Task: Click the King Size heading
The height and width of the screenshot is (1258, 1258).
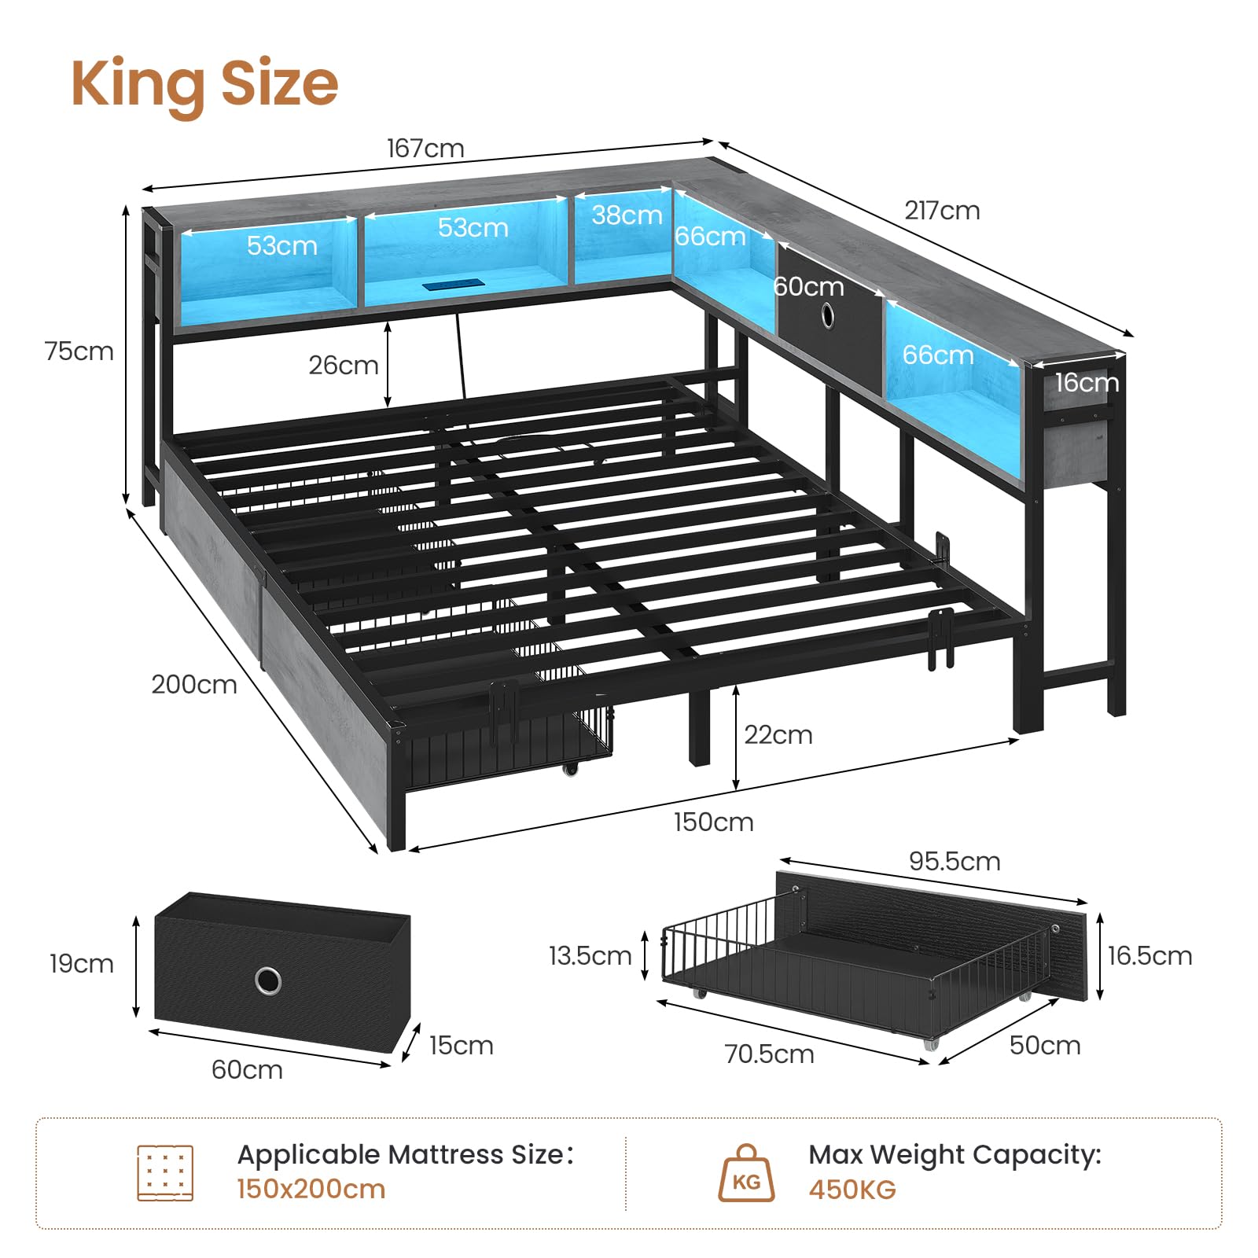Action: (x=204, y=84)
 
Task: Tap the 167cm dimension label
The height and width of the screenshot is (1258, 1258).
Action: (x=425, y=148)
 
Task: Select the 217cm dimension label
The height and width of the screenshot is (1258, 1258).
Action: (x=942, y=210)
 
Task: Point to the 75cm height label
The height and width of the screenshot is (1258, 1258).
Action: (x=79, y=351)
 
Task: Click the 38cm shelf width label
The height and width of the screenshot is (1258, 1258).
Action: (x=627, y=215)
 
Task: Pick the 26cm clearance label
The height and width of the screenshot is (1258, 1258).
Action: (x=344, y=365)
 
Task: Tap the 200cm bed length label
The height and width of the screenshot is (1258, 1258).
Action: (x=194, y=684)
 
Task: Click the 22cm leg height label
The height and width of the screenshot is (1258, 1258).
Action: (x=778, y=734)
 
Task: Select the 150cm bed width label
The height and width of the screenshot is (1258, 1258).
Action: (x=713, y=822)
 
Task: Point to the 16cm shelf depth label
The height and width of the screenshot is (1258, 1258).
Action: (x=1087, y=382)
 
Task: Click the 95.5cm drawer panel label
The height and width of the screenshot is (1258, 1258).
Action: (x=955, y=861)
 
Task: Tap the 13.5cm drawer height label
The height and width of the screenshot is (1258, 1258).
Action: (x=590, y=955)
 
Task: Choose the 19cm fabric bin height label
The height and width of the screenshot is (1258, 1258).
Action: (x=81, y=963)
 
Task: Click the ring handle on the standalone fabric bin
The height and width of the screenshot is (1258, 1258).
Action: (x=268, y=980)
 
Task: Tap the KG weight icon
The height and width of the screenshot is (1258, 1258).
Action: (x=746, y=1173)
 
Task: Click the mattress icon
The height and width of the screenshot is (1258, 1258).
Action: (x=165, y=1173)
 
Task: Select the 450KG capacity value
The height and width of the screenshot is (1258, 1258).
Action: (x=852, y=1190)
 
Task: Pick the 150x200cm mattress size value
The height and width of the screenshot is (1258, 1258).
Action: (x=311, y=1189)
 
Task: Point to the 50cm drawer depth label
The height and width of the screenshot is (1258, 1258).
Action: (x=1045, y=1045)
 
